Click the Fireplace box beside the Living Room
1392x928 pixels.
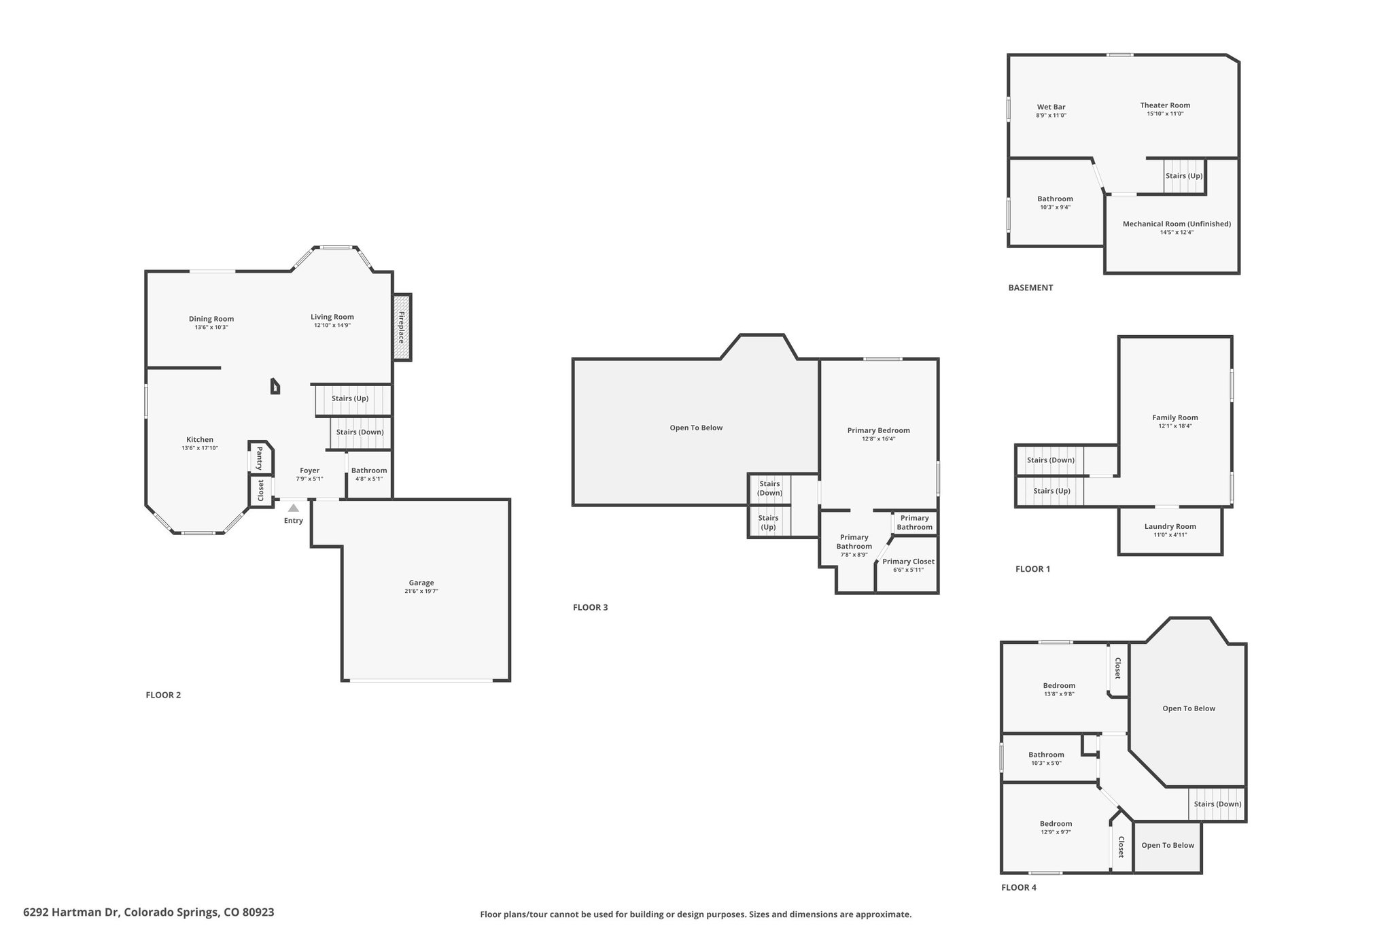click(x=402, y=327)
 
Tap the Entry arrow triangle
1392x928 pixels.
click(x=293, y=507)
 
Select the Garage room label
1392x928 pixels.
click(x=421, y=583)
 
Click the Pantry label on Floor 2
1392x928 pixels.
click(x=259, y=458)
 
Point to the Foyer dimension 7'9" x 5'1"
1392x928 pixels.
click(x=309, y=479)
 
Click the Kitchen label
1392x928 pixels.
click(x=200, y=439)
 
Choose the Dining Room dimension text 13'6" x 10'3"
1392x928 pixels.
click(x=211, y=327)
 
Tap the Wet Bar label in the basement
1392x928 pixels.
click(x=1051, y=107)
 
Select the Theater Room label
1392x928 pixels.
click(x=1165, y=105)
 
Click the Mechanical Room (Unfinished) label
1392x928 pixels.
click(x=1177, y=224)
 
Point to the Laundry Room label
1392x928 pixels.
click(x=1170, y=526)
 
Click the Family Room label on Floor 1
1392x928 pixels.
click(x=1175, y=417)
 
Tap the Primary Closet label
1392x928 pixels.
click(x=908, y=562)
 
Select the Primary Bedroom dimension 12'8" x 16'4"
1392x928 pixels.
click(x=879, y=439)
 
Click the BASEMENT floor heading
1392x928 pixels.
click(x=1030, y=288)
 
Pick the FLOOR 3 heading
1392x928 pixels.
click(x=590, y=607)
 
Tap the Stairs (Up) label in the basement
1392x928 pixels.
click(x=1184, y=175)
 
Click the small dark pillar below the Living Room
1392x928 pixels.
click(x=275, y=386)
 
